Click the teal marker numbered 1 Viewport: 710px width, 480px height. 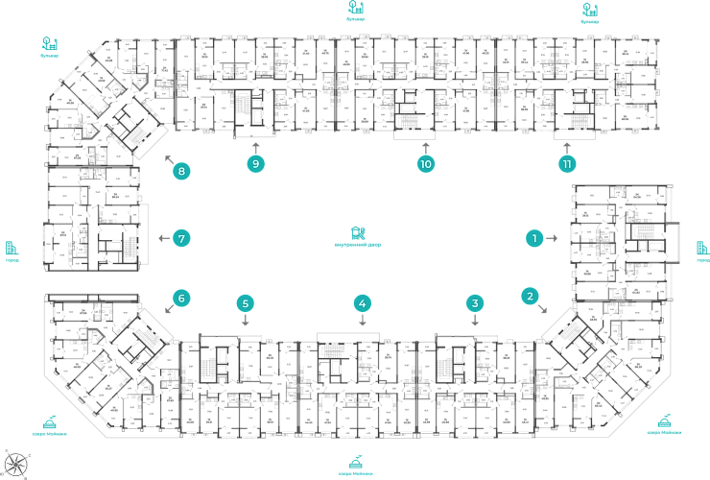[x=535, y=237]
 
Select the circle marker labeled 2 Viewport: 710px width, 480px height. [x=530, y=296]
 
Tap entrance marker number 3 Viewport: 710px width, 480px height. [x=473, y=304]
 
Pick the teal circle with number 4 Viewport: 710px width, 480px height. [x=362, y=304]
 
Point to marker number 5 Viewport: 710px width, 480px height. [x=246, y=304]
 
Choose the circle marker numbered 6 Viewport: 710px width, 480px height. [x=179, y=299]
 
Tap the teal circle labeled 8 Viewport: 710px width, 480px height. [x=179, y=173]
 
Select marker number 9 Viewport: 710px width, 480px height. [x=255, y=164]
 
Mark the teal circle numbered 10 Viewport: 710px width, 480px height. [x=426, y=164]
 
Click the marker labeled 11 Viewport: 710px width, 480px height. [x=567, y=164]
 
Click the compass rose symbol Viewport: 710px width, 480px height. [x=16, y=462]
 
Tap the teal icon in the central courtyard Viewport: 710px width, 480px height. [x=358, y=233]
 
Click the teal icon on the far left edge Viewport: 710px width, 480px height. [x=11, y=251]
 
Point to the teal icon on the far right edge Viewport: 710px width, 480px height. [x=701, y=251]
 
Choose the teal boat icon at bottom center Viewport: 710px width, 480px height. [x=356, y=463]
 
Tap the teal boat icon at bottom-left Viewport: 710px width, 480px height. [x=49, y=423]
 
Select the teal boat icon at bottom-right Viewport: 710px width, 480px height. [x=663, y=420]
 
